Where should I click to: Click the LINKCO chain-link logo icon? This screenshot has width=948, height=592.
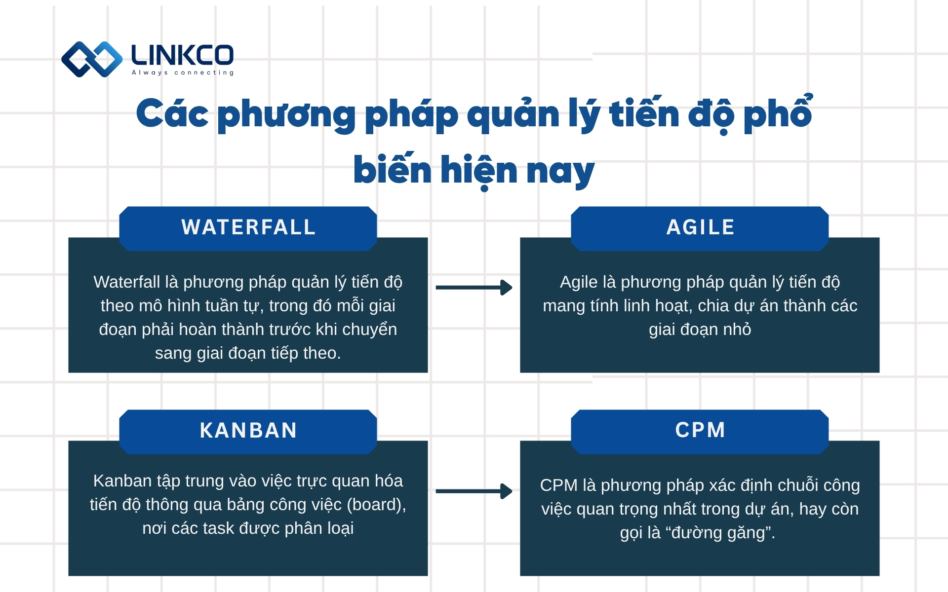pyautogui.click(x=92, y=59)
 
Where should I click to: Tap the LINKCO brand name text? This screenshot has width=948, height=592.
pyautogui.click(x=182, y=55)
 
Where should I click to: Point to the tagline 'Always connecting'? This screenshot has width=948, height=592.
pyautogui.click(x=183, y=73)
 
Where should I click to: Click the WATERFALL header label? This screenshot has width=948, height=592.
pyautogui.click(x=248, y=227)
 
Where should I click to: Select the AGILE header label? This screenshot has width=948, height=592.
pyautogui.click(x=700, y=227)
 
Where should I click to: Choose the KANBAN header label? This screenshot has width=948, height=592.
pyautogui.click(x=248, y=430)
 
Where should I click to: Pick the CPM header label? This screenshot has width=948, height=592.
pyautogui.click(x=700, y=430)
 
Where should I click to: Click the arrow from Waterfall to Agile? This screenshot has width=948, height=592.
pyautogui.click(x=474, y=287)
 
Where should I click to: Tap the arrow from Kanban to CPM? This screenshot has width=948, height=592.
pyautogui.click(x=474, y=491)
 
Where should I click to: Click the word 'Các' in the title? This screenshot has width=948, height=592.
pyautogui.click(x=172, y=114)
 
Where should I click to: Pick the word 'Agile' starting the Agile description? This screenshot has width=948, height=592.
pyautogui.click(x=578, y=282)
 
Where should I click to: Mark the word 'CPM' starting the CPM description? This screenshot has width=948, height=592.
pyautogui.click(x=558, y=485)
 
